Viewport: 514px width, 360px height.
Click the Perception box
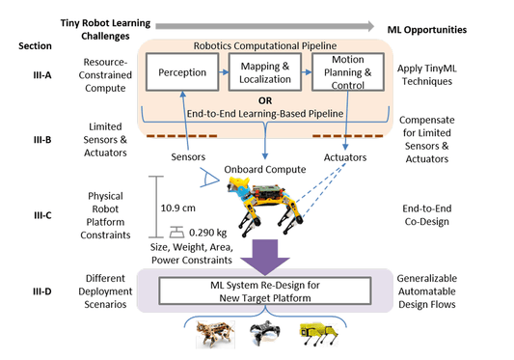coord(181,71)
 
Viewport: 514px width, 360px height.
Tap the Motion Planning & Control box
coord(346,71)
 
